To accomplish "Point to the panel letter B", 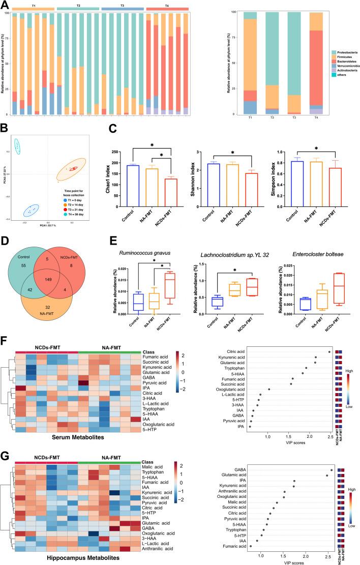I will (x=5, y=126).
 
